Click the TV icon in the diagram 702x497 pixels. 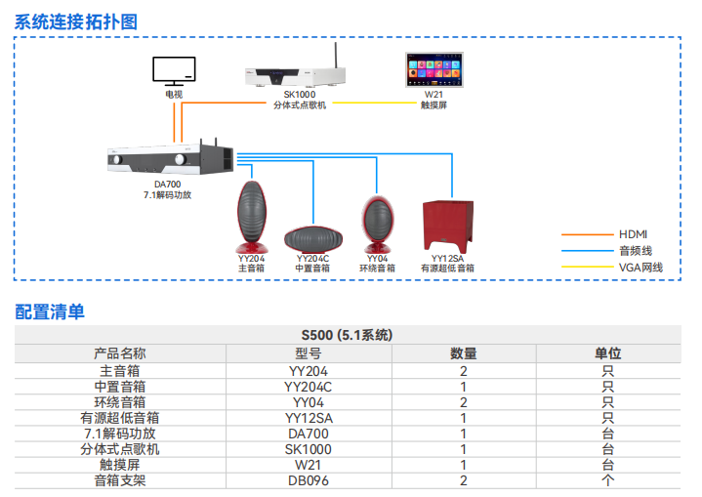[174, 70]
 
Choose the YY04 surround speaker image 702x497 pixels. [376, 224]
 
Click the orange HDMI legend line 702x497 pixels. [588, 234]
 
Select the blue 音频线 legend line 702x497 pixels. [588, 251]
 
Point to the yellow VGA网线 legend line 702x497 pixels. [588, 267]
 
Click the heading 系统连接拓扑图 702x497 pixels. [76, 21]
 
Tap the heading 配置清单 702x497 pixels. [50, 311]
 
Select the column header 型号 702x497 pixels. [309, 353]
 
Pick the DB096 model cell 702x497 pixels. [309, 480]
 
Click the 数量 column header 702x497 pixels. [463, 353]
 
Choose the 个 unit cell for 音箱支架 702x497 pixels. [607, 480]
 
